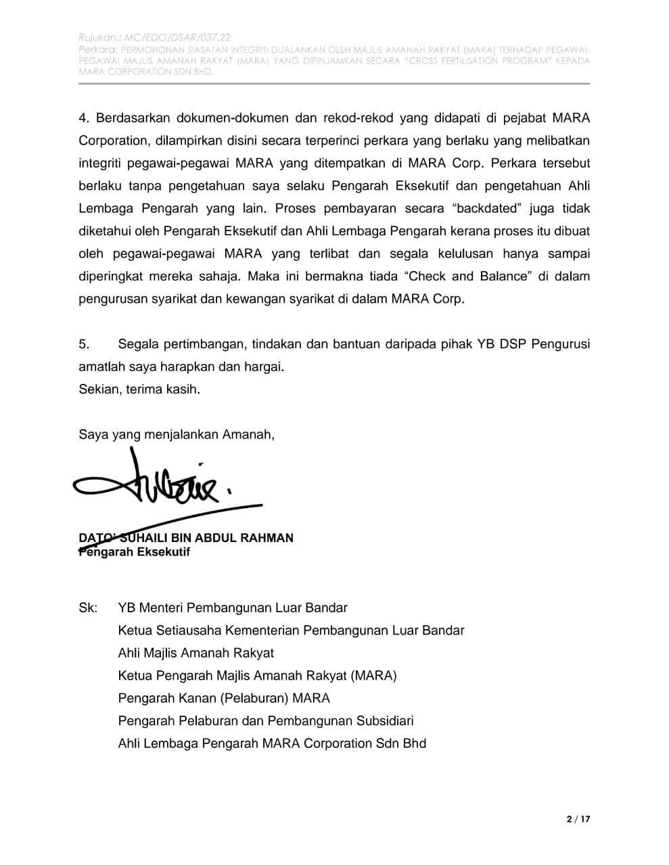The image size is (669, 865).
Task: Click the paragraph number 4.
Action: (84, 118)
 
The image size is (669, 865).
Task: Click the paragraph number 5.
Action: (84, 344)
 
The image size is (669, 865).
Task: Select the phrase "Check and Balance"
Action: (467, 276)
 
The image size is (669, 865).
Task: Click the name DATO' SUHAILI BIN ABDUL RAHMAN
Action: (186, 538)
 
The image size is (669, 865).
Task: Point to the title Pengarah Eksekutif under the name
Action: (135, 552)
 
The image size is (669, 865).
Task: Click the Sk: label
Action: (88, 608)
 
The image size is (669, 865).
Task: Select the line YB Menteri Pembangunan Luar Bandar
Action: (233, 608)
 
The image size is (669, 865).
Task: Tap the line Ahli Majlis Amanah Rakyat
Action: (195, 653)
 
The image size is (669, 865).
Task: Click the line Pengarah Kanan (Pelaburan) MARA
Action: (224, 698)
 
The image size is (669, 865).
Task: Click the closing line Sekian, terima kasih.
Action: (139, 389)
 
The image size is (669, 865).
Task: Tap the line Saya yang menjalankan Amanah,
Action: (177, 435)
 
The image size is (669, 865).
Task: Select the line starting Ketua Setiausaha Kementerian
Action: (291, 631)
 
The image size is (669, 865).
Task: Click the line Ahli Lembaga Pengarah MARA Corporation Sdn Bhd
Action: (272, 743)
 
